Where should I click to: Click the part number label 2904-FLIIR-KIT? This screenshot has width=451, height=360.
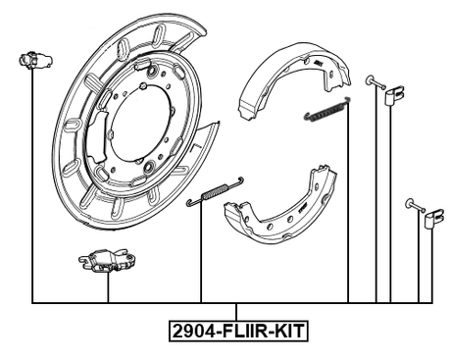click(238, 333)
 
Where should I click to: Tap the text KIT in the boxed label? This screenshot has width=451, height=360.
click(286, 333)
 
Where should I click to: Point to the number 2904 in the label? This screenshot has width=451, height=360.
click(193, 333)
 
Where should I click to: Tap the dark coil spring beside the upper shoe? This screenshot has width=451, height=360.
click(326, 111)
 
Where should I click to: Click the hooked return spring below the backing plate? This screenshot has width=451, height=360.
click(214, 192)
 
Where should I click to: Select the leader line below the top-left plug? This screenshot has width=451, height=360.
click(32, 186)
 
